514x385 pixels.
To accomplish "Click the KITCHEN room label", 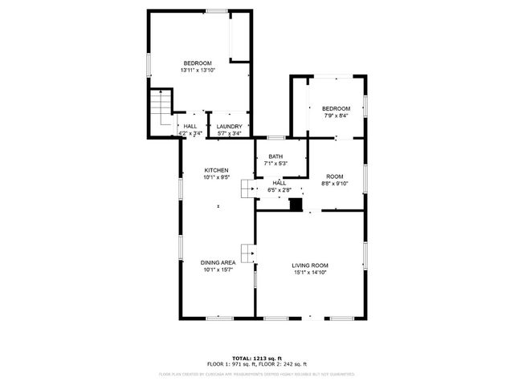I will [217, 170].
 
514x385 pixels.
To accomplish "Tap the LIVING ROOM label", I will [309, 265].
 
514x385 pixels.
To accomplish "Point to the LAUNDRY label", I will [230, 126].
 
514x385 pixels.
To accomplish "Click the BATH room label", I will [275, 156].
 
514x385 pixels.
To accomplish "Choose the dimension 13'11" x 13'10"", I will [198, 71].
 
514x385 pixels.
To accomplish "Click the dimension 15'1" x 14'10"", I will [309, 273].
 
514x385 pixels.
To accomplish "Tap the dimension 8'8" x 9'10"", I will [334, 183].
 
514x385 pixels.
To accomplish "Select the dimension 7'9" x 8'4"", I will [337, 116].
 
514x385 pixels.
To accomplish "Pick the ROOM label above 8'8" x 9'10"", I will [334, 176].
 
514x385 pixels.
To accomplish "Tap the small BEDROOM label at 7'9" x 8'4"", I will [337, 109].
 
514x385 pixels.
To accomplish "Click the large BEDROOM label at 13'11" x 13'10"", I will [198, 63].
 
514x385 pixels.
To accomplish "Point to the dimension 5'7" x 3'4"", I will [230, 133].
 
